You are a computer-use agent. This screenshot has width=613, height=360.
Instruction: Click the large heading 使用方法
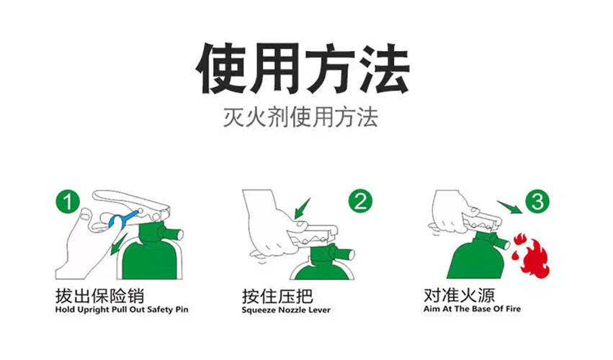303,69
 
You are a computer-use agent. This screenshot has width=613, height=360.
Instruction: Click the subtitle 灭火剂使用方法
300,117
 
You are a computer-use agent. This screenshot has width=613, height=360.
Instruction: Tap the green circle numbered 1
68,202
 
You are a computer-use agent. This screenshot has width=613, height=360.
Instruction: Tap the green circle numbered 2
360,201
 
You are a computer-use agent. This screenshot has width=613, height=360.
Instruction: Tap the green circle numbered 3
537,202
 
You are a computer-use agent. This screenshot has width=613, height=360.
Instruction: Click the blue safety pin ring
117,221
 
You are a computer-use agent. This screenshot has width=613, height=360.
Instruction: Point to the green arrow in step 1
117,245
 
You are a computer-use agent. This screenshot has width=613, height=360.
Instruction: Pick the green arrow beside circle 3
509,207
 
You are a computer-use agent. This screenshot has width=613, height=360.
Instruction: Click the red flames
530,256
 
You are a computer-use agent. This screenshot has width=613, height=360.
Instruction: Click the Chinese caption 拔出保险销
99,296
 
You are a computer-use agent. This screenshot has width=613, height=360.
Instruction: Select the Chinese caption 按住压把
277,297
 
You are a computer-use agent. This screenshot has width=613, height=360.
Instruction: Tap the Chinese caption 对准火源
460,295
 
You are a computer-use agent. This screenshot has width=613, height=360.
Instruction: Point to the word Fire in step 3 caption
514,309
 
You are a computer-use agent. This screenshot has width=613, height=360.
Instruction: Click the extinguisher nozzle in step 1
175,234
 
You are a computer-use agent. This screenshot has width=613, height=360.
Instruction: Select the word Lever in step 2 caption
320,310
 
